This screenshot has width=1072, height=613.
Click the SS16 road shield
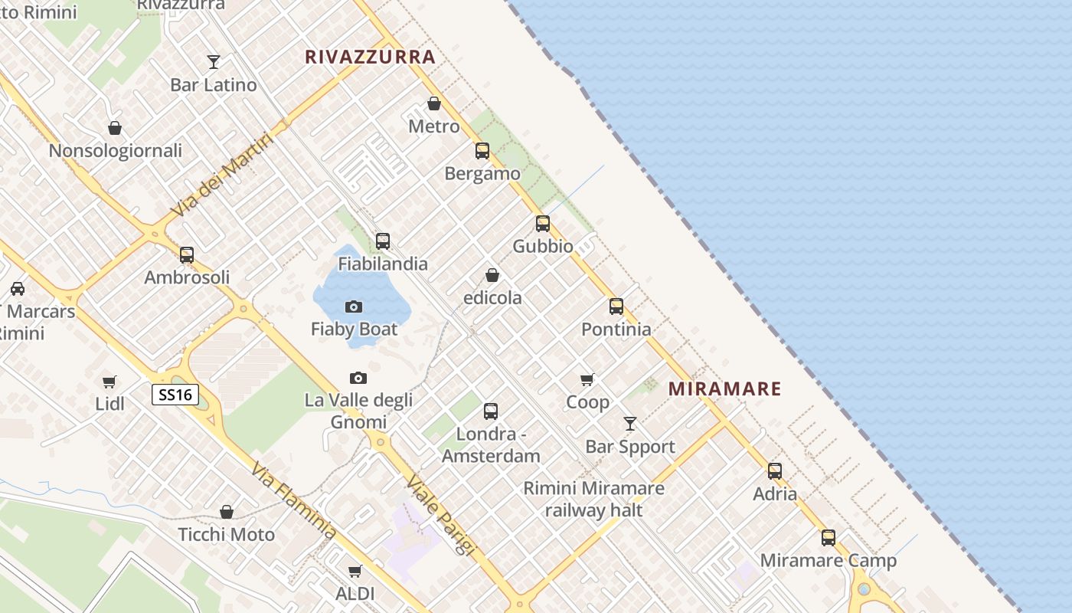click(175, 395)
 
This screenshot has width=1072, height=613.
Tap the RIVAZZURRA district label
click(370, 57)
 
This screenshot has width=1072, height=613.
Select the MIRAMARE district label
click(724, 388)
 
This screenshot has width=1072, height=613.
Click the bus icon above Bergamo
click(482, 151)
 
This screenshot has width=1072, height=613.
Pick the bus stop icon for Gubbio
click(543, 224)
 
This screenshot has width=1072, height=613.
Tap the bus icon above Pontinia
click(616, 306)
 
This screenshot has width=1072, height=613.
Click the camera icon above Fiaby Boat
click(354, 306)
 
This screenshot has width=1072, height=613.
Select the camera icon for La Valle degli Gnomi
click(358, 378)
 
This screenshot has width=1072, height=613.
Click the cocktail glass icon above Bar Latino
click(214, 62)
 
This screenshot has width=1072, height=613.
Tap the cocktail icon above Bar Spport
click(630, 424)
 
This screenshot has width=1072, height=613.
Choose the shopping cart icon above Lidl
click(109, 382)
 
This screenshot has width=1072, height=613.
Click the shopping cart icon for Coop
click(587, 379)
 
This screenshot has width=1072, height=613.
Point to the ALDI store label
click(355, 593)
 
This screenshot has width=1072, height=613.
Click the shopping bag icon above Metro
click(434, 103)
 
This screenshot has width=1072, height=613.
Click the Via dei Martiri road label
click(222, 175)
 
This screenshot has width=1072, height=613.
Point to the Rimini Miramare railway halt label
click(593, 499)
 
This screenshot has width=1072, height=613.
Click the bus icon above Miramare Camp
click(829, 538)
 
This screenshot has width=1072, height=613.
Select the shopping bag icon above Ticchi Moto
click(227, 512)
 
